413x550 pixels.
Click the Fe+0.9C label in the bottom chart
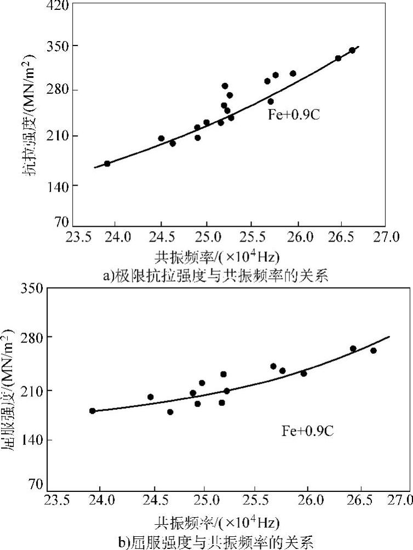[307, 431]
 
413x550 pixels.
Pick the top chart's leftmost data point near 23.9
[107, 163]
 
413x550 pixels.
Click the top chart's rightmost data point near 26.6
[352, 50]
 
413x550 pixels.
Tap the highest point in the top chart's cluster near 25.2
[225, 86]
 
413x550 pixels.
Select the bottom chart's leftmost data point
[93, 411]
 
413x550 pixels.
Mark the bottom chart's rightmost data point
[373, 351]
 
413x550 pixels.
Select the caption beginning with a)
[215, 276]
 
